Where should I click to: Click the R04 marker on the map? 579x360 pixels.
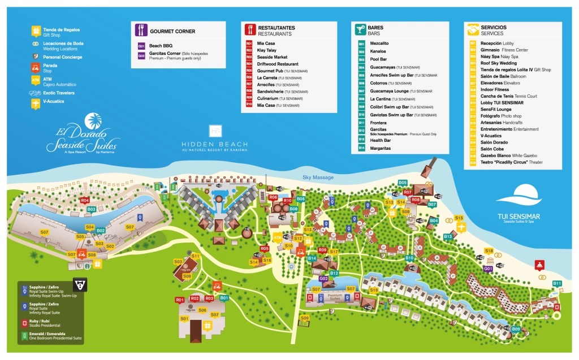pyautogui.click(x=85, y=200)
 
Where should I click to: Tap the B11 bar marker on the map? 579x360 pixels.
pyautogui.click(x=557, y=283)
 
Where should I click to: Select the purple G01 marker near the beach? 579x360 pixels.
pyautogui.click(x=488, y=268)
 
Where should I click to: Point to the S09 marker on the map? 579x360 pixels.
pyautogui.click(x=305, y=319)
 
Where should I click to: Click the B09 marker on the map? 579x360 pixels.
pyautogui.click(x=516, y=329)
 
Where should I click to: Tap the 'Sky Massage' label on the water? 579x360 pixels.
pyautogui.click(x=318, y=177)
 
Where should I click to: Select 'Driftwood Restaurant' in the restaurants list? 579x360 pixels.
pyautogui.click(x=278, y=64)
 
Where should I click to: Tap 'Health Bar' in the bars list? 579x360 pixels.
pyautogui.click(x=380, y=140)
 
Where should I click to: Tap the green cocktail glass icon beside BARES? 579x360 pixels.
pyautogui.click(x=360, y=30)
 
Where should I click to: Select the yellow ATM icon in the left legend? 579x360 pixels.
pyautogui.click(x=36, y=80)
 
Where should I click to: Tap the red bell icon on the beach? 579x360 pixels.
pyautogui.click(x=539, y=264)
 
